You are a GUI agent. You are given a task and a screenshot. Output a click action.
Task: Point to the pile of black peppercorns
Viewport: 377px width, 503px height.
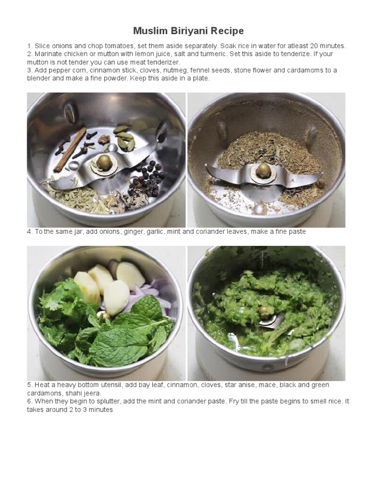click(x=147, y=179)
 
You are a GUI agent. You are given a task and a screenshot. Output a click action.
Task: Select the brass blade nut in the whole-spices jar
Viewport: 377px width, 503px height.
click(x=104, y=161)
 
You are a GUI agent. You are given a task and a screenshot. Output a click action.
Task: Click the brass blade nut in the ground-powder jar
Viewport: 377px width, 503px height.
click(x=264, y=170)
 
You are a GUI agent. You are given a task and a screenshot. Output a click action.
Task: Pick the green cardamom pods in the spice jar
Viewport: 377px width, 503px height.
click(x=125, y=138)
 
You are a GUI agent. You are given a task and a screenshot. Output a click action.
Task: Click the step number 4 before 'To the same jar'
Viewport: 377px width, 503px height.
click(x=29, y=231)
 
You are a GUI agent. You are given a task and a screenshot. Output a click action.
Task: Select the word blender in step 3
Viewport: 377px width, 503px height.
click(x=39, y=78)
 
